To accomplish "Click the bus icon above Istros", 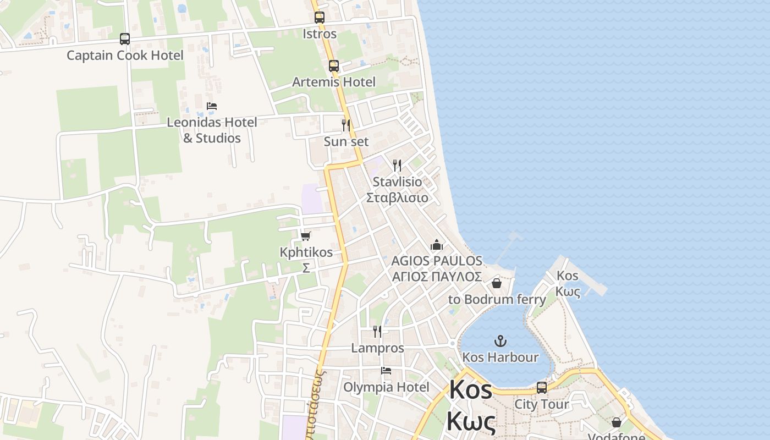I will click(320, 18).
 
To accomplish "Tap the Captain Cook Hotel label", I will click(125, 56).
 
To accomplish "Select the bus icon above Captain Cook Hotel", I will click(125, 39).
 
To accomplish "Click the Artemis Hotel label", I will click(334, 82).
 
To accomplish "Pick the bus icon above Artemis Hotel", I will click(334, 66).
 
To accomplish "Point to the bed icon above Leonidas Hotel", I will click(212, 106).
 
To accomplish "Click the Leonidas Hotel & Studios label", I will click(212, 130).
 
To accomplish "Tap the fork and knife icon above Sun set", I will click(346, 125).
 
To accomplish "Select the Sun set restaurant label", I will click(346, 141).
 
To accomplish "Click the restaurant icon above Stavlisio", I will click(397, 166).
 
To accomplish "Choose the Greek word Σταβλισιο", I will click(397, 197).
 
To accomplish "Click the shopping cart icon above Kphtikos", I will click(306, 237).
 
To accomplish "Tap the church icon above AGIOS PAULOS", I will click(437, 245).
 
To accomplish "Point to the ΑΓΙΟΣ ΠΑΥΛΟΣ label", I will click(437, 276).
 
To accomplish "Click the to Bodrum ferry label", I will click(497, 300).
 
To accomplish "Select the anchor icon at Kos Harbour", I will click(500, 341).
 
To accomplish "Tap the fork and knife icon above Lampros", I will click(377, 332).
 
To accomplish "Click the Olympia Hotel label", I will click(386, 387).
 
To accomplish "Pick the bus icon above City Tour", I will click(542, 388).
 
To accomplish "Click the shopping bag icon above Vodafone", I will click(617, 422).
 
